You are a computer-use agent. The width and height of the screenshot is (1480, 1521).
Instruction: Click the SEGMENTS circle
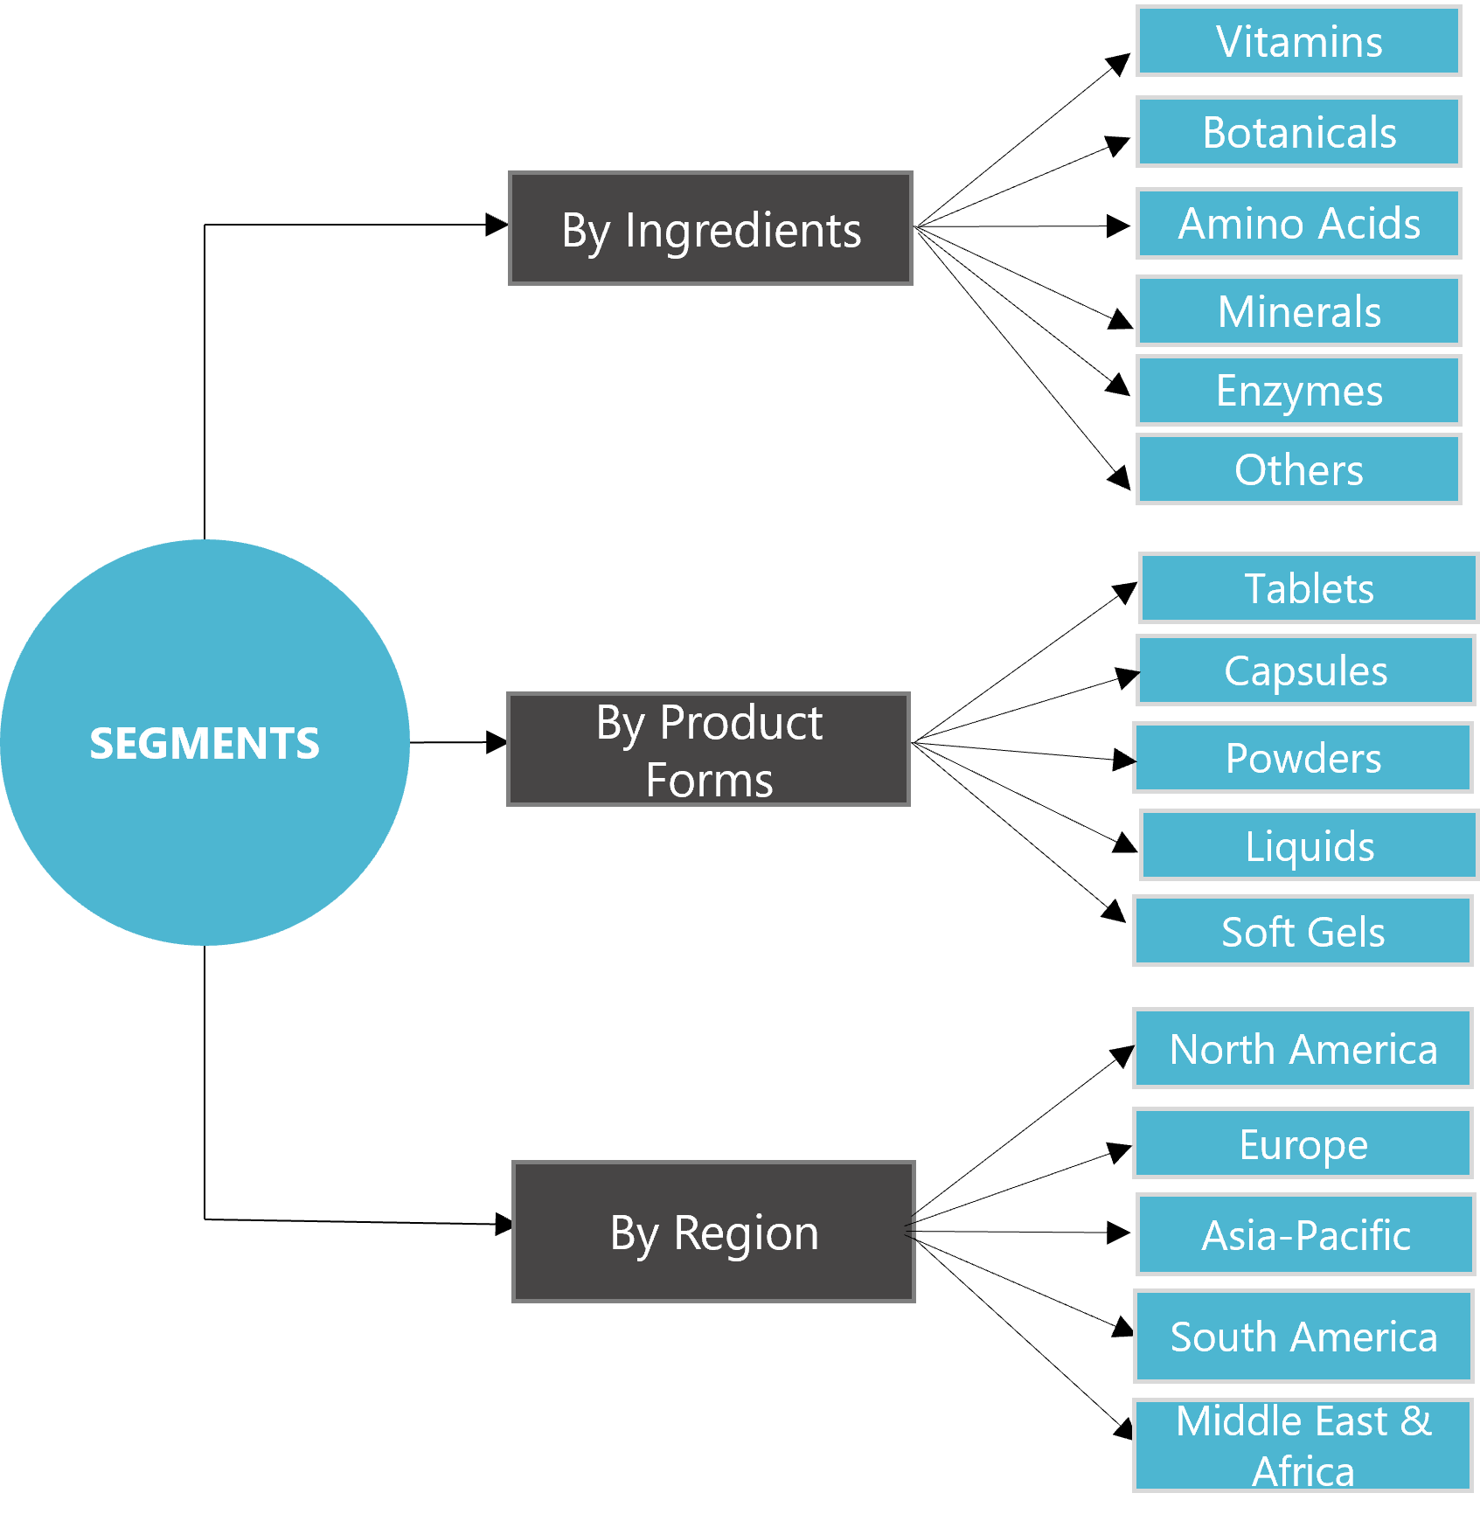[205, 742]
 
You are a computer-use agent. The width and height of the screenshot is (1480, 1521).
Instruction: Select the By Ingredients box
[711, 228]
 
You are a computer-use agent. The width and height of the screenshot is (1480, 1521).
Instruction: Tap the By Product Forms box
[709, 749]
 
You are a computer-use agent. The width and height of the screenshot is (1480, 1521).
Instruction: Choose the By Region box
[713, 1232]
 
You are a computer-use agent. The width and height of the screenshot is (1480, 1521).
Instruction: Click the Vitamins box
[1299, 41]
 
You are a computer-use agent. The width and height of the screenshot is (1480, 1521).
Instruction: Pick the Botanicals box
[1299, 132]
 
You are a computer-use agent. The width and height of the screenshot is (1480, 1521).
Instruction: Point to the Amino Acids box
[1299, 223]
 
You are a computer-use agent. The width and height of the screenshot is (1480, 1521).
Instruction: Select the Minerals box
[1299, 311]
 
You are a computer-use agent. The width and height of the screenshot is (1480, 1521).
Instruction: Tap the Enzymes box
[1299, 390]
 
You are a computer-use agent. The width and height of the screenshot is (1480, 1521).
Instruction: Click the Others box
[1299, 469]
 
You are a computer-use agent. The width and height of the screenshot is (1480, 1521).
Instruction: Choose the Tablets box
[1309, 587]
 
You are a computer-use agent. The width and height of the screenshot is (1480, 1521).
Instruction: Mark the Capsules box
[1305, 670]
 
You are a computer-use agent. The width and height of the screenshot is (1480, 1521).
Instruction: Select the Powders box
[1303, 758]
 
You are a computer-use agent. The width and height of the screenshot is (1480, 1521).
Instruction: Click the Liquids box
[1309, 845]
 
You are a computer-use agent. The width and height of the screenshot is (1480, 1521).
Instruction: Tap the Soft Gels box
[1303, 931]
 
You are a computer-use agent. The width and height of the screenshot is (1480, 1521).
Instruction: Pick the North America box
[1303, 1048]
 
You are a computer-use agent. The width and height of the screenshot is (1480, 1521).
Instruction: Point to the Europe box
[1303, 1143]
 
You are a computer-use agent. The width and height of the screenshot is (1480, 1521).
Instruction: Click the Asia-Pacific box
[1305, 1234]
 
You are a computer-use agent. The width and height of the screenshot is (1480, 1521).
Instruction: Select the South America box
[1303, 1336]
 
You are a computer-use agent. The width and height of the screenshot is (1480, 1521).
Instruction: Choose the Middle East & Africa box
[1303, 1445]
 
